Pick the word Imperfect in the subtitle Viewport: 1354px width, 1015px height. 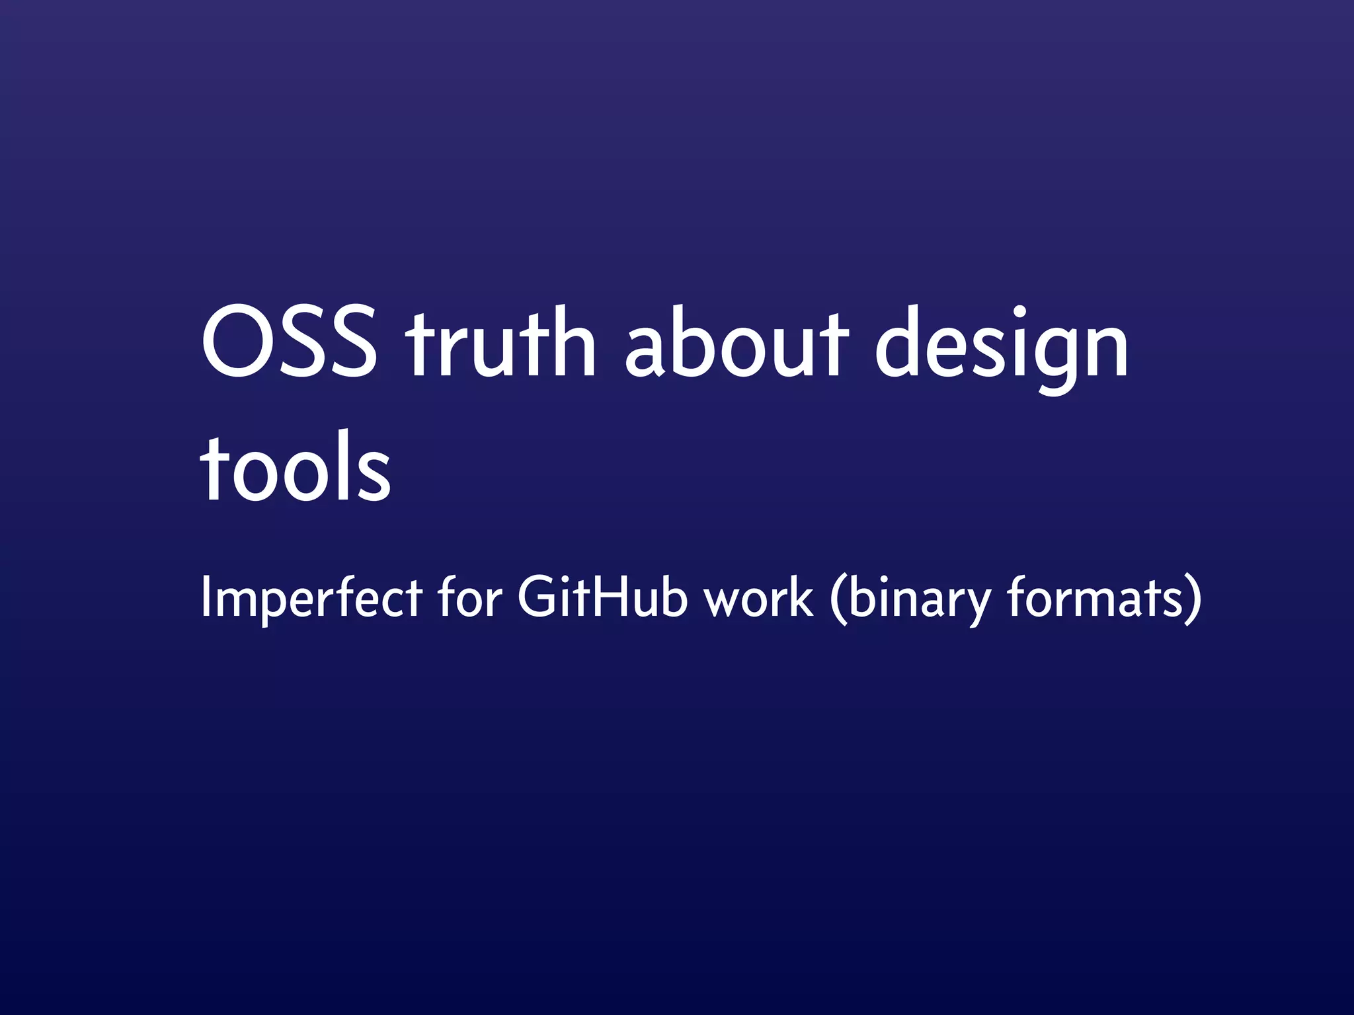click(311, 598)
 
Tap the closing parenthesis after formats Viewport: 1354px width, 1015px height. click(1193, 598)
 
